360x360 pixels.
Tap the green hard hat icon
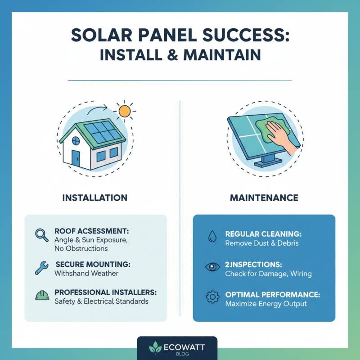(42, 296)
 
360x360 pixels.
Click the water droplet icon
(211, 237)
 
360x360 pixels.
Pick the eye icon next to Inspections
(211, 267)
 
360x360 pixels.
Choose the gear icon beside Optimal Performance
(211, 297)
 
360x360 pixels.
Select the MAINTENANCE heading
(264, 198)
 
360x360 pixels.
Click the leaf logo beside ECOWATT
(155, 348)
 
